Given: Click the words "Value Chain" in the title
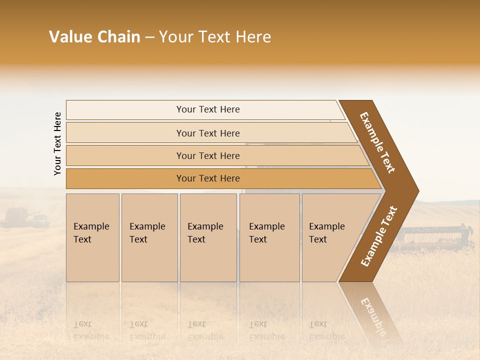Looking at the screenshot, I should [94, 37].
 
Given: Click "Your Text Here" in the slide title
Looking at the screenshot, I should [215, 37].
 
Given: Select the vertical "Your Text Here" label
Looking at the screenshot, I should [57, 143].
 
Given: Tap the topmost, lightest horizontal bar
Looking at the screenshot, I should [208, 109].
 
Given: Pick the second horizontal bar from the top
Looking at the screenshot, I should [208, 133].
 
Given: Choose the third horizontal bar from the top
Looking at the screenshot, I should [208, 155].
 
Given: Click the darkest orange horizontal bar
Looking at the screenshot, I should [208, 178].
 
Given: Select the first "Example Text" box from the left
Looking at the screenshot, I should [92, 237].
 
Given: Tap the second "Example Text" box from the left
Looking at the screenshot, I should [149, 237].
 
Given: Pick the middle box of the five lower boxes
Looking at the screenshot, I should [208, 237].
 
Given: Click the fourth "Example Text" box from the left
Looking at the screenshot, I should [269, 237].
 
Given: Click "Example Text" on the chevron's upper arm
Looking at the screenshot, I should [377, 142].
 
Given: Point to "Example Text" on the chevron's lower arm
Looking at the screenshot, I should [379, 236].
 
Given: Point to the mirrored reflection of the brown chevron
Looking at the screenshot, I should [372, 310].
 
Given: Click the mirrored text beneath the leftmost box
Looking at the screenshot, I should [92, 330].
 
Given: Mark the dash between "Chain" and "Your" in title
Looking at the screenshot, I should [149, 37].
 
